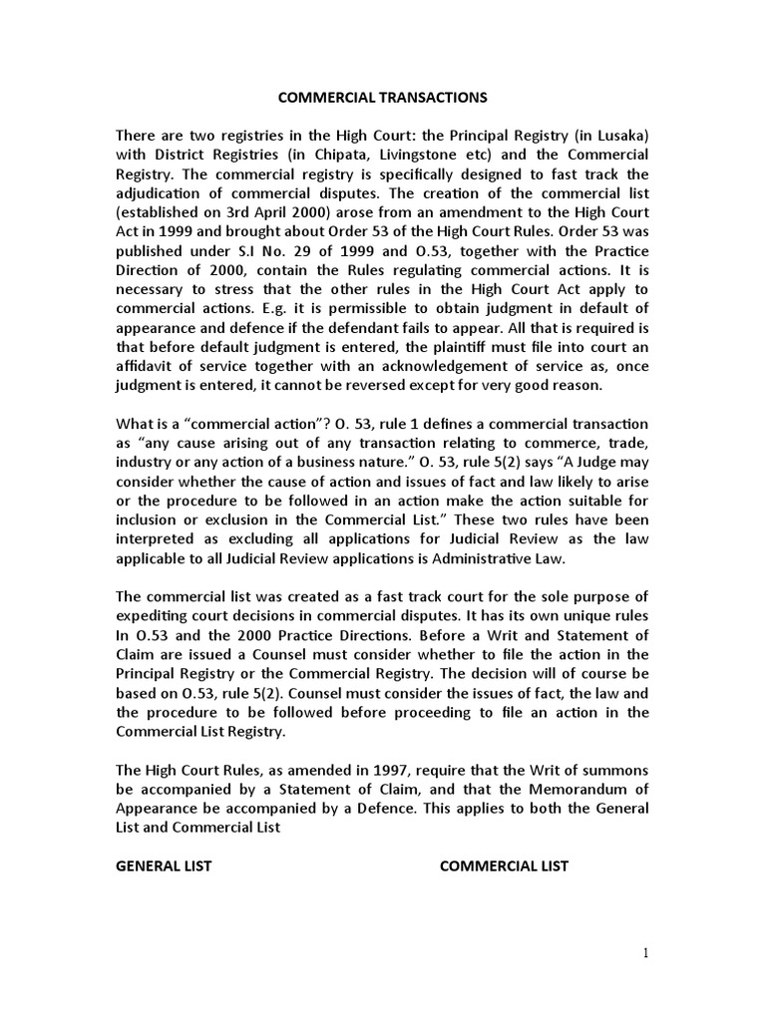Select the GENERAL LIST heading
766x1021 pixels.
click(164, 865)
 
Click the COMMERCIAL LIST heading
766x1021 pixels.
click(504, 865)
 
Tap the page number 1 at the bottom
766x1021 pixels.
click(645, 953)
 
